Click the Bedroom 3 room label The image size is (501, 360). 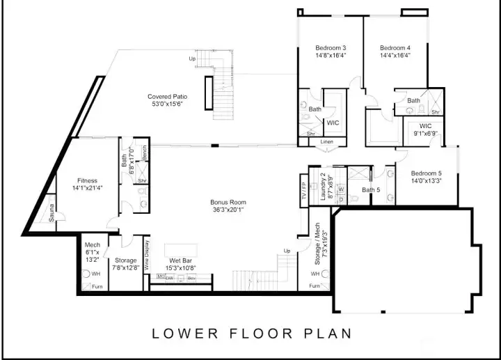331,48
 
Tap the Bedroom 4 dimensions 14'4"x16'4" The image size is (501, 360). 395,56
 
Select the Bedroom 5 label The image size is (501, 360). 426,173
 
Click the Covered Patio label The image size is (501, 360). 167,97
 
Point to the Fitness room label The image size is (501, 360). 87,181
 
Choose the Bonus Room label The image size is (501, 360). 228,203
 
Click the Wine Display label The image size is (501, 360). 147,254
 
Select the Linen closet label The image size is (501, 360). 327,142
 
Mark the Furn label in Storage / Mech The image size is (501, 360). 315,286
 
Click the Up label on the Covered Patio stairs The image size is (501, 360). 192,58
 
